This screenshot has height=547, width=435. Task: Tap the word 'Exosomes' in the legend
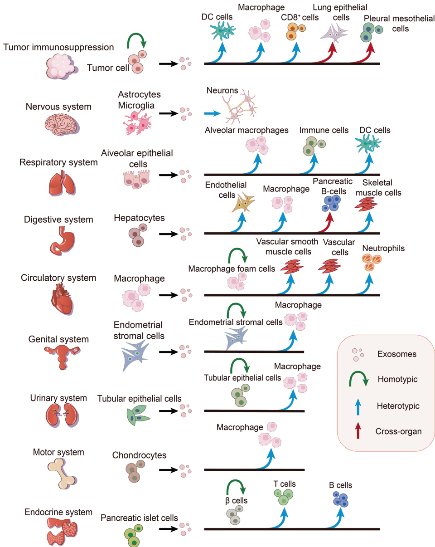[x=396, y=353]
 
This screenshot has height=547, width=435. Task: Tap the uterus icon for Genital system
[x=62, y=356]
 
